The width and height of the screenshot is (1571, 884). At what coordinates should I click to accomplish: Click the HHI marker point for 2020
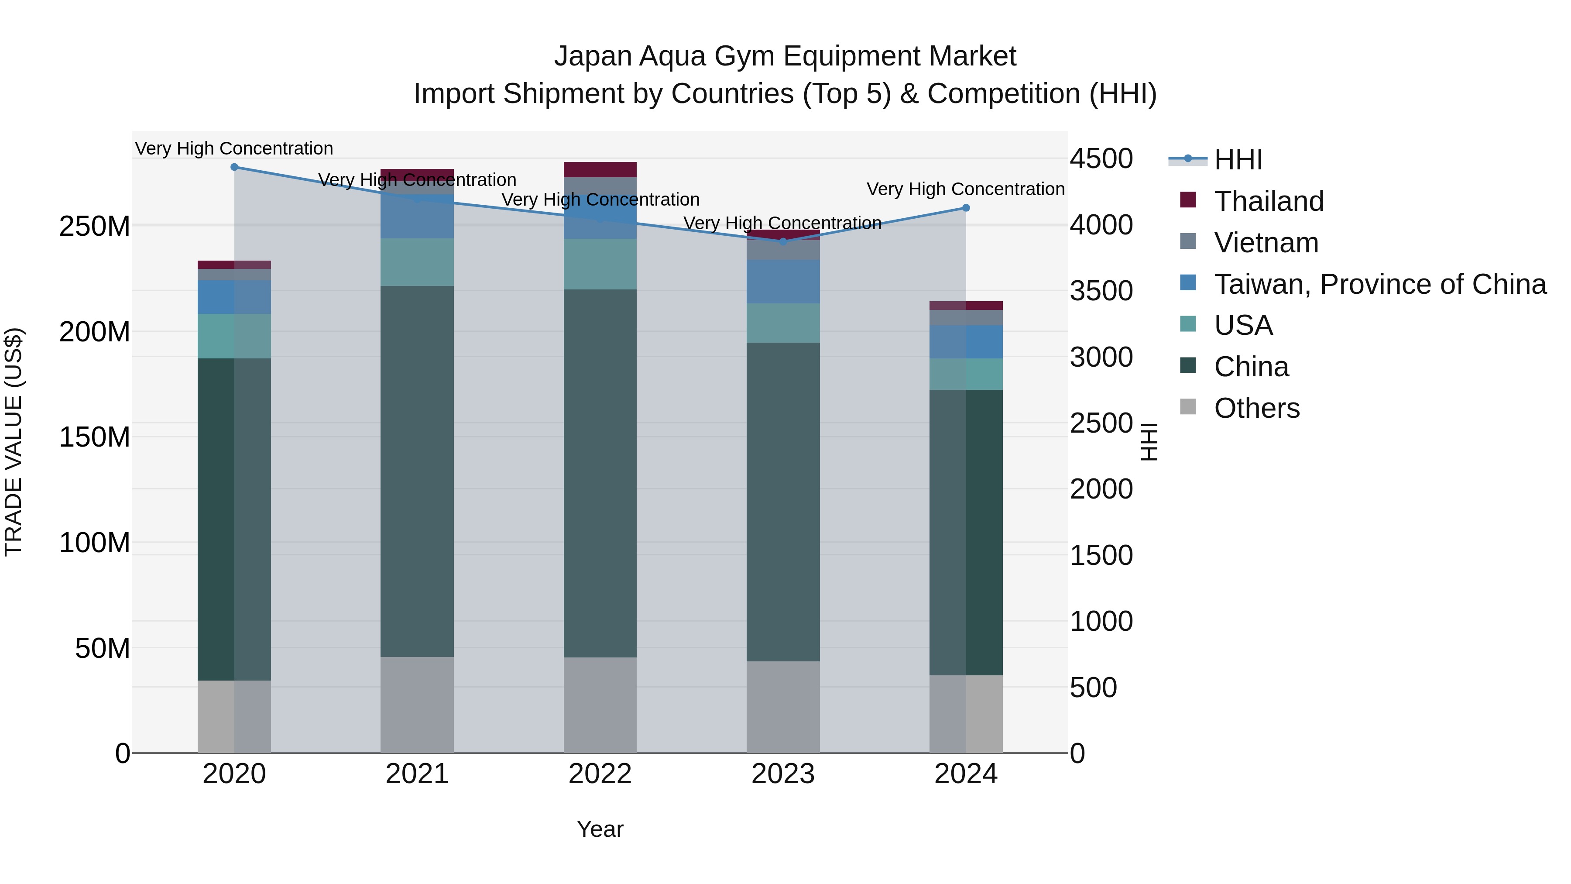(x=234, y=167)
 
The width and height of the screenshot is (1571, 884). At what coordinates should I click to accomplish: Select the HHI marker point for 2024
(x=966, y=208)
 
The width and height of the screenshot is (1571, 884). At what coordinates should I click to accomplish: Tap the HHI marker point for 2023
(x=783, y=241)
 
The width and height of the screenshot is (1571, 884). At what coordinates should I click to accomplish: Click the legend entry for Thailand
(x=1269, y=201)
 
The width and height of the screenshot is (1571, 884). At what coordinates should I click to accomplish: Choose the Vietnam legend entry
(x=1266, y=243)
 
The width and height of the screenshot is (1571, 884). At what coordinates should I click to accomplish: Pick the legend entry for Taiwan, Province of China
(x=1379, y=284)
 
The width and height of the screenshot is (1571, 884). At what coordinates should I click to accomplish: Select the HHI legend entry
(x=1238, y=160)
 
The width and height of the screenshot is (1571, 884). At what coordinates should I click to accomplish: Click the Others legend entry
(x=1256, y=408)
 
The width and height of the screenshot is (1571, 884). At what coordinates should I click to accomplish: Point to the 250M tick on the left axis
(x=95, y=226)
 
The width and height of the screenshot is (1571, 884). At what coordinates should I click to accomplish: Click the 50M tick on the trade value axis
(x=103, y=648)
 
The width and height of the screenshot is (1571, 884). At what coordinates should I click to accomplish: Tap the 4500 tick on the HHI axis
(x=1101, y=158)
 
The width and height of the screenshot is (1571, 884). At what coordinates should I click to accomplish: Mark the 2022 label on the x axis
(x=600, y=774)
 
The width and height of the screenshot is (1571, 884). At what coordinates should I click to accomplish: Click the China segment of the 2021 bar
(x=417, y=471)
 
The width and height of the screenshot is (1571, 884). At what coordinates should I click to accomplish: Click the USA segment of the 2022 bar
(x=600, y=264)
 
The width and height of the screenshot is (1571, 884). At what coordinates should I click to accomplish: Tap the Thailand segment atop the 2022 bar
(x=600, y=169)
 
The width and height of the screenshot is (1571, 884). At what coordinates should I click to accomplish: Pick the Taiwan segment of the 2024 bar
(x=966, y=342)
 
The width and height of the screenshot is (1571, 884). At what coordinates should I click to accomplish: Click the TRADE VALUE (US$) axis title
(x=14, y=442)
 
